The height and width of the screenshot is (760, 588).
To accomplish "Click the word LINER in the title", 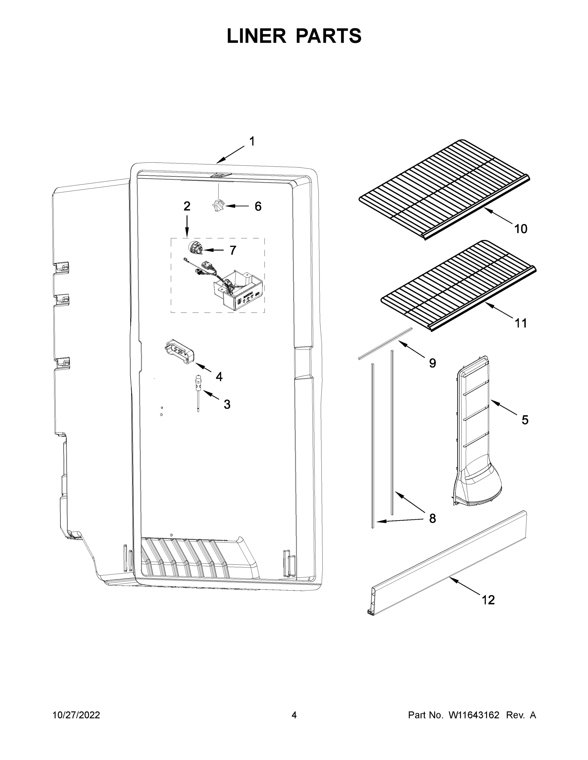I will pyautogui.click(x=256, y=36).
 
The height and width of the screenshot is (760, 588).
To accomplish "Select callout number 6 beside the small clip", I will pyautogui.click(x=258, y=206).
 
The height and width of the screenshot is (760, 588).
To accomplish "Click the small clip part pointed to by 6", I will pyautogui.click(x=218, y=205).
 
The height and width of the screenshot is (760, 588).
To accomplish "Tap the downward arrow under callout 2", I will pyautogui.click(x=187, y=226).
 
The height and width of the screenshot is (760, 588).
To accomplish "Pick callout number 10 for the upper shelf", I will pyautogui.click(x=521, y=229).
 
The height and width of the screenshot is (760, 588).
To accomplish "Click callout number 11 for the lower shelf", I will pyautogui.click(x=521, y=323).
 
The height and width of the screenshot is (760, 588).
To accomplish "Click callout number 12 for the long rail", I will pyautogui.click(x=488, y=600).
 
